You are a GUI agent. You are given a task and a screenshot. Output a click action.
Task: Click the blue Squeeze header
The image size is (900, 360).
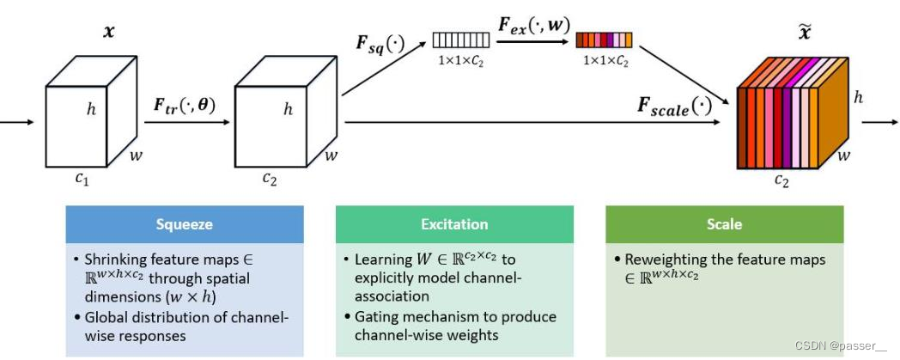(x=185, y=224)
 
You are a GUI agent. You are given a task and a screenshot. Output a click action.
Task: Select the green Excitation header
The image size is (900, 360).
(x=453, y=224)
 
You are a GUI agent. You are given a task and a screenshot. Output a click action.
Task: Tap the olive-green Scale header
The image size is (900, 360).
(x=725, y=224)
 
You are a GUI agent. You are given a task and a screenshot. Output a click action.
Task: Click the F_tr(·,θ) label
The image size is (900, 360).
(x=185, y=107)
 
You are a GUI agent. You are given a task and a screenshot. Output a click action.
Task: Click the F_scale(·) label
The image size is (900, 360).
(x=674, y=107)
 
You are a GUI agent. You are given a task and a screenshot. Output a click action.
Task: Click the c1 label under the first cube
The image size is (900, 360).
(x=81, y=179)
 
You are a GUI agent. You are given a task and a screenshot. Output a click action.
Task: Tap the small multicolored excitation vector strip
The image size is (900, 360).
(x=604, y=40)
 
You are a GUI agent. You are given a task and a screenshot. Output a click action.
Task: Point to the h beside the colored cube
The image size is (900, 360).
(x=859, y=97)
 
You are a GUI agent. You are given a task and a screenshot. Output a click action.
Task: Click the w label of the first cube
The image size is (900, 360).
(x=137, y=157)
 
